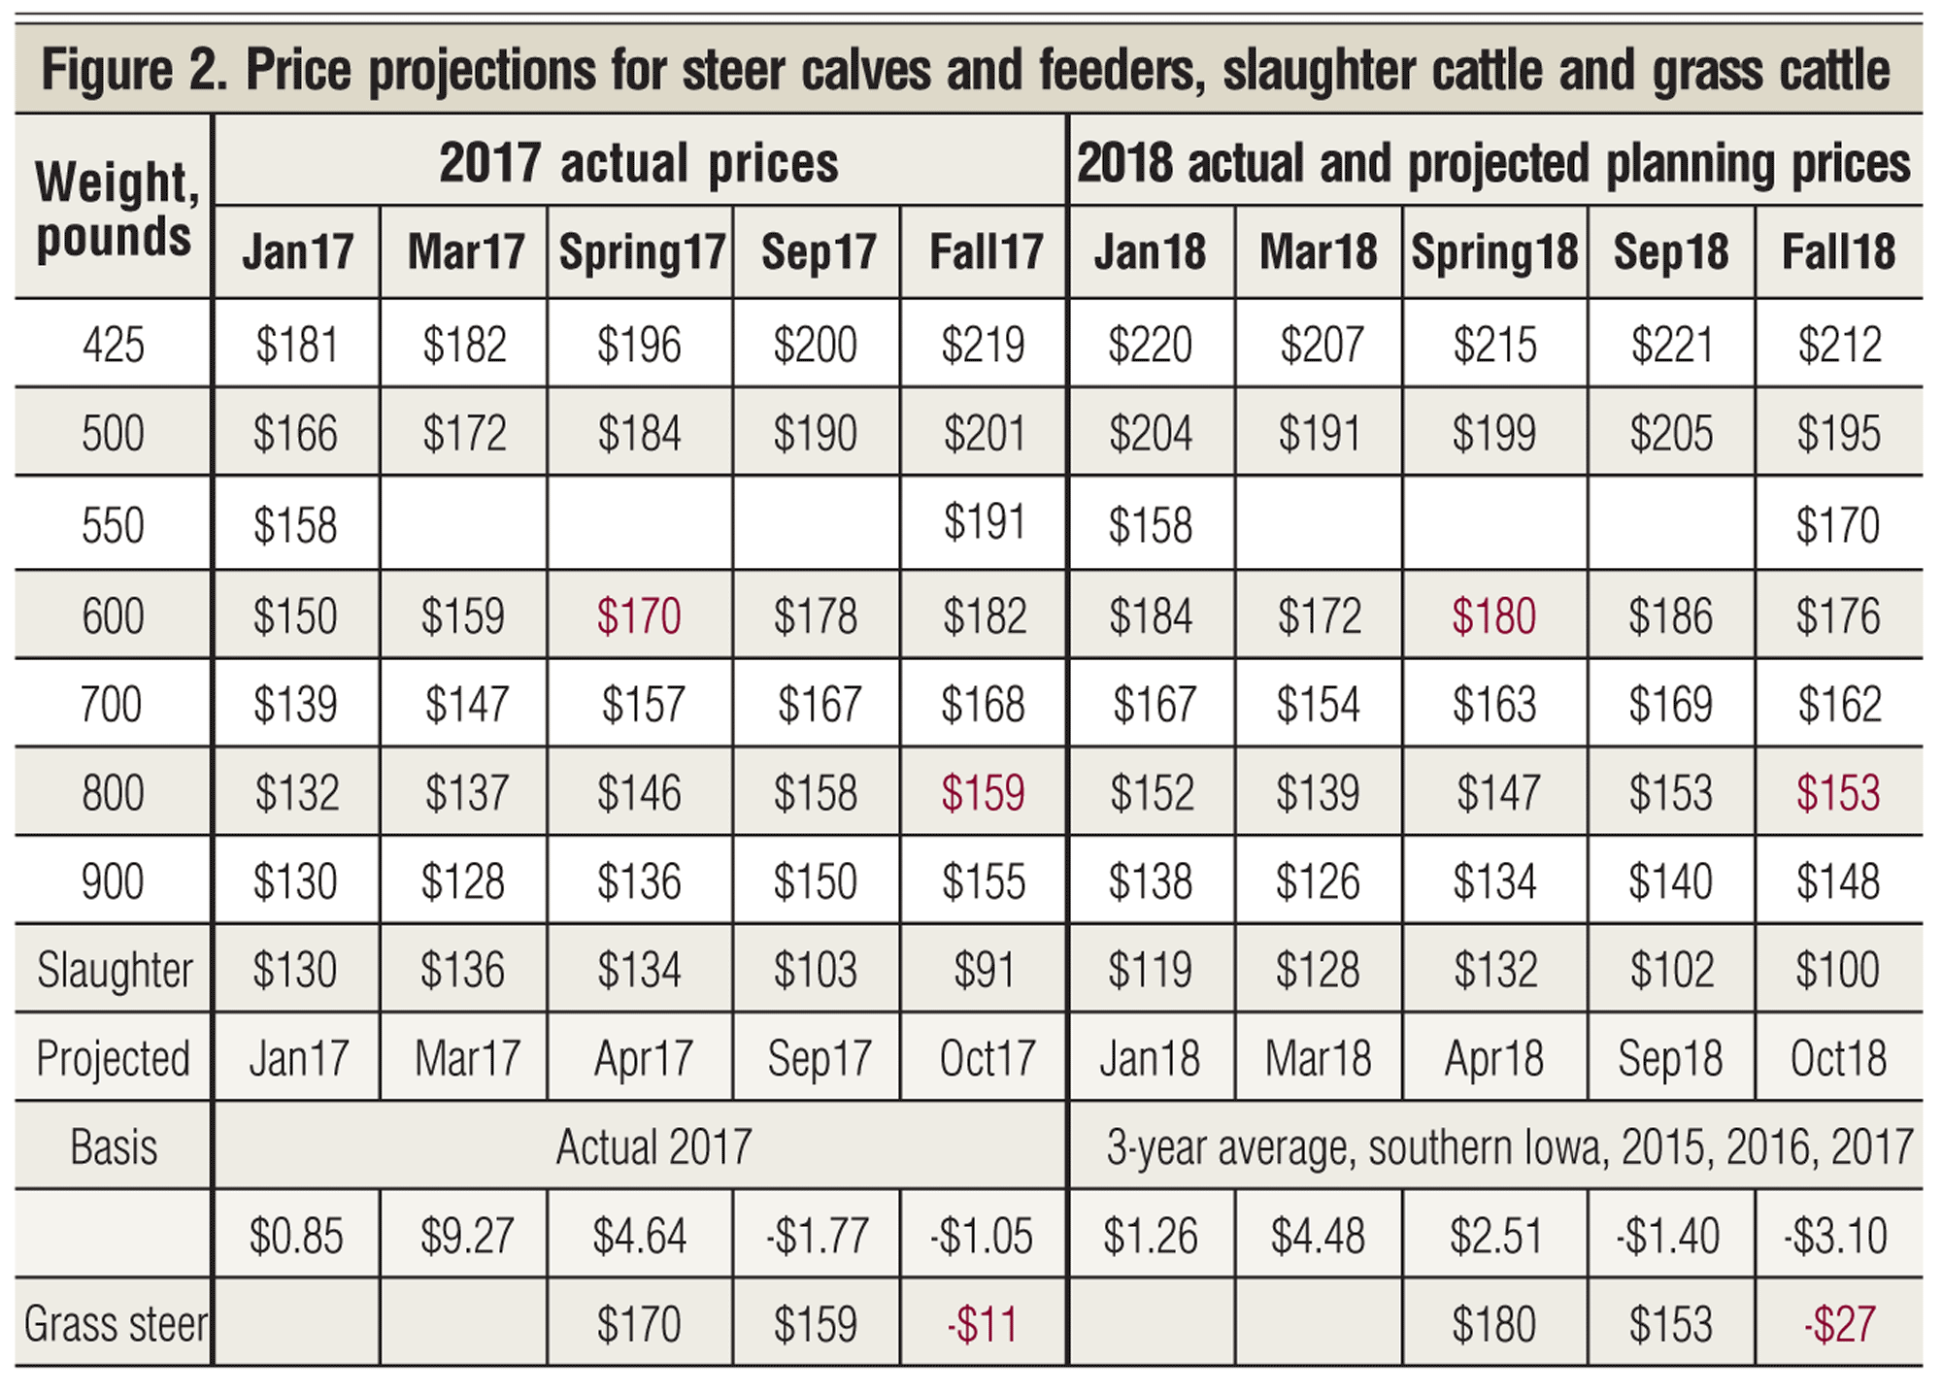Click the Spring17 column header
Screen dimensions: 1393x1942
click(641, 252)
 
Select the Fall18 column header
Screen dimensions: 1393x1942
click(1838, 252)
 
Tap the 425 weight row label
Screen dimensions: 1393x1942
click(113, 345)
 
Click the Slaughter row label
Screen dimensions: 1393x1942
click(115, 970)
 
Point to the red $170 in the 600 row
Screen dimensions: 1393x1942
click(639, 616)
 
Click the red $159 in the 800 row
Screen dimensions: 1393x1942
click(983, 793)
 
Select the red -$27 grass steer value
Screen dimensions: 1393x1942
click(1838, 1324)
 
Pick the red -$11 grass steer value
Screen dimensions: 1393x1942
click(983, 1324)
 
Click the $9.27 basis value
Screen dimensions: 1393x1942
click(466, 1236)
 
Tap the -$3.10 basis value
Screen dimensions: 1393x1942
click(1835, 1236)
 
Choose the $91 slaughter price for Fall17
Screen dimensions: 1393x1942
click(983, 970)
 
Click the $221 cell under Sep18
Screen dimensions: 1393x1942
click(1670, 345)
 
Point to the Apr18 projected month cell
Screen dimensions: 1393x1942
click(1493, 1058)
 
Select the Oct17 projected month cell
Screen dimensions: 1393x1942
click(987, 1058)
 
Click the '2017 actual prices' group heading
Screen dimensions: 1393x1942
click(639, 163)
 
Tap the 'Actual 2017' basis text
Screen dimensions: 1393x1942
click(653, 1147)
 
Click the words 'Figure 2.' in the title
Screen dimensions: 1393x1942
click(135, 71)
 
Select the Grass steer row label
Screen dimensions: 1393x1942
click(115, 1324)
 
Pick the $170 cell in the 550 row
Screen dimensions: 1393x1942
click(1838, 525)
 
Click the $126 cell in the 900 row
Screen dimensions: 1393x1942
click(1319, 881)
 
